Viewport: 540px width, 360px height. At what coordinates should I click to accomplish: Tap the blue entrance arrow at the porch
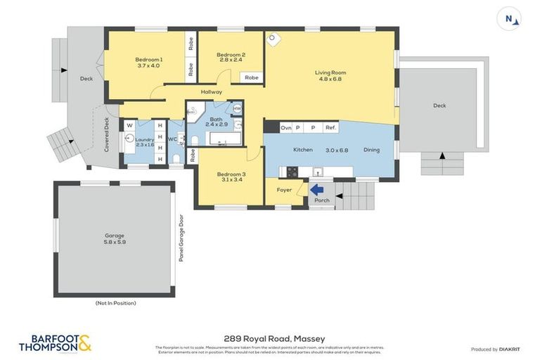(317, 189)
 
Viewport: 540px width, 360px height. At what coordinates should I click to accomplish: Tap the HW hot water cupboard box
(237, 109)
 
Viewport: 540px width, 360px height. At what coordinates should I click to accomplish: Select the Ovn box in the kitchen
(285, 128)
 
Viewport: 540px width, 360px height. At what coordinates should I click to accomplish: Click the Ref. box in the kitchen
(330, 128)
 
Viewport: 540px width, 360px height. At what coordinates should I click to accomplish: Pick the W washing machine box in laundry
(129, 126)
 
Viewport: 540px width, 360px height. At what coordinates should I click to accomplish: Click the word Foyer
(283, 190)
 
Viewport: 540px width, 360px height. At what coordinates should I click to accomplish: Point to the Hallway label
(212, 92)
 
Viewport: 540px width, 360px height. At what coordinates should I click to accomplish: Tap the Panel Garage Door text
(181, 238)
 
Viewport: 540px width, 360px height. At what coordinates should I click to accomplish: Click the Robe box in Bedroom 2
(251, 77)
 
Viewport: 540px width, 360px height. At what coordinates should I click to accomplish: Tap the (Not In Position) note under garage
(115, 303)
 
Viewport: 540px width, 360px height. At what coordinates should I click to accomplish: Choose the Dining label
(371, 150)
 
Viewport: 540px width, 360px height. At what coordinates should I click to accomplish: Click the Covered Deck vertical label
(107, 135)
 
